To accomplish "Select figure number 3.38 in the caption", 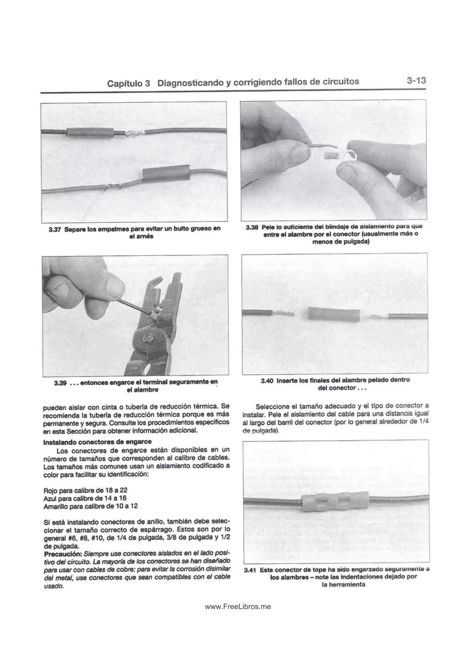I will tap(252, 227).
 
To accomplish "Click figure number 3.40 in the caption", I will tap(267, 380).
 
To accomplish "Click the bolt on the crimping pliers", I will tap(145, 338).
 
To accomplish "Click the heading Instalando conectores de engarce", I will tap(97, 442).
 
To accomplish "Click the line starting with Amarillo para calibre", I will tap(90, 506).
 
